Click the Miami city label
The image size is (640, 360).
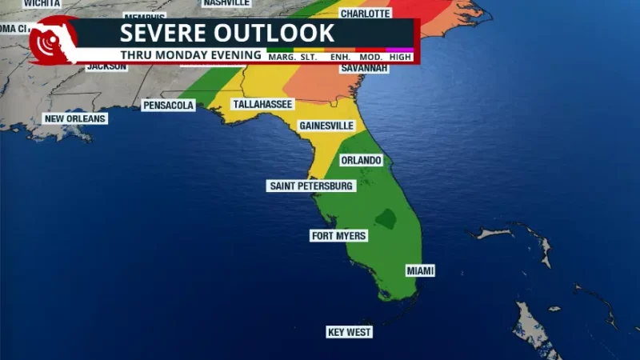click(x=420, y=271)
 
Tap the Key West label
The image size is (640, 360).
click(x=350, y=332)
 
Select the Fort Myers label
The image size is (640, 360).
click(x=338, y=236)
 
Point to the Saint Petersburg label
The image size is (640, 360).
click(x=310, y=186)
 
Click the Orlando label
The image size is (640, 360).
click(x=361, y=160)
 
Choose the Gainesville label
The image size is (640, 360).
click(x=326, y=126)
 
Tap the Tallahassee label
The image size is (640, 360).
click(x=262, y=105)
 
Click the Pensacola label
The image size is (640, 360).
click(x=168, y=105)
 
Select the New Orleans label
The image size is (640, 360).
click(x=74, y=119)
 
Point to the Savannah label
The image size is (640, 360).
click(x=364, y=69)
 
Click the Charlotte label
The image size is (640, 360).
click(x=365, y=14)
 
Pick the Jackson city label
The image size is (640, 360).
click(x=106, y=66)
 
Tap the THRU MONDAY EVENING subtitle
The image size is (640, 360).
click(x=191, y=55)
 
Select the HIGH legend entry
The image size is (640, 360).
click(x=400, y=57)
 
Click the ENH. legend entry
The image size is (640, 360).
click(x=339, y=57)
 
